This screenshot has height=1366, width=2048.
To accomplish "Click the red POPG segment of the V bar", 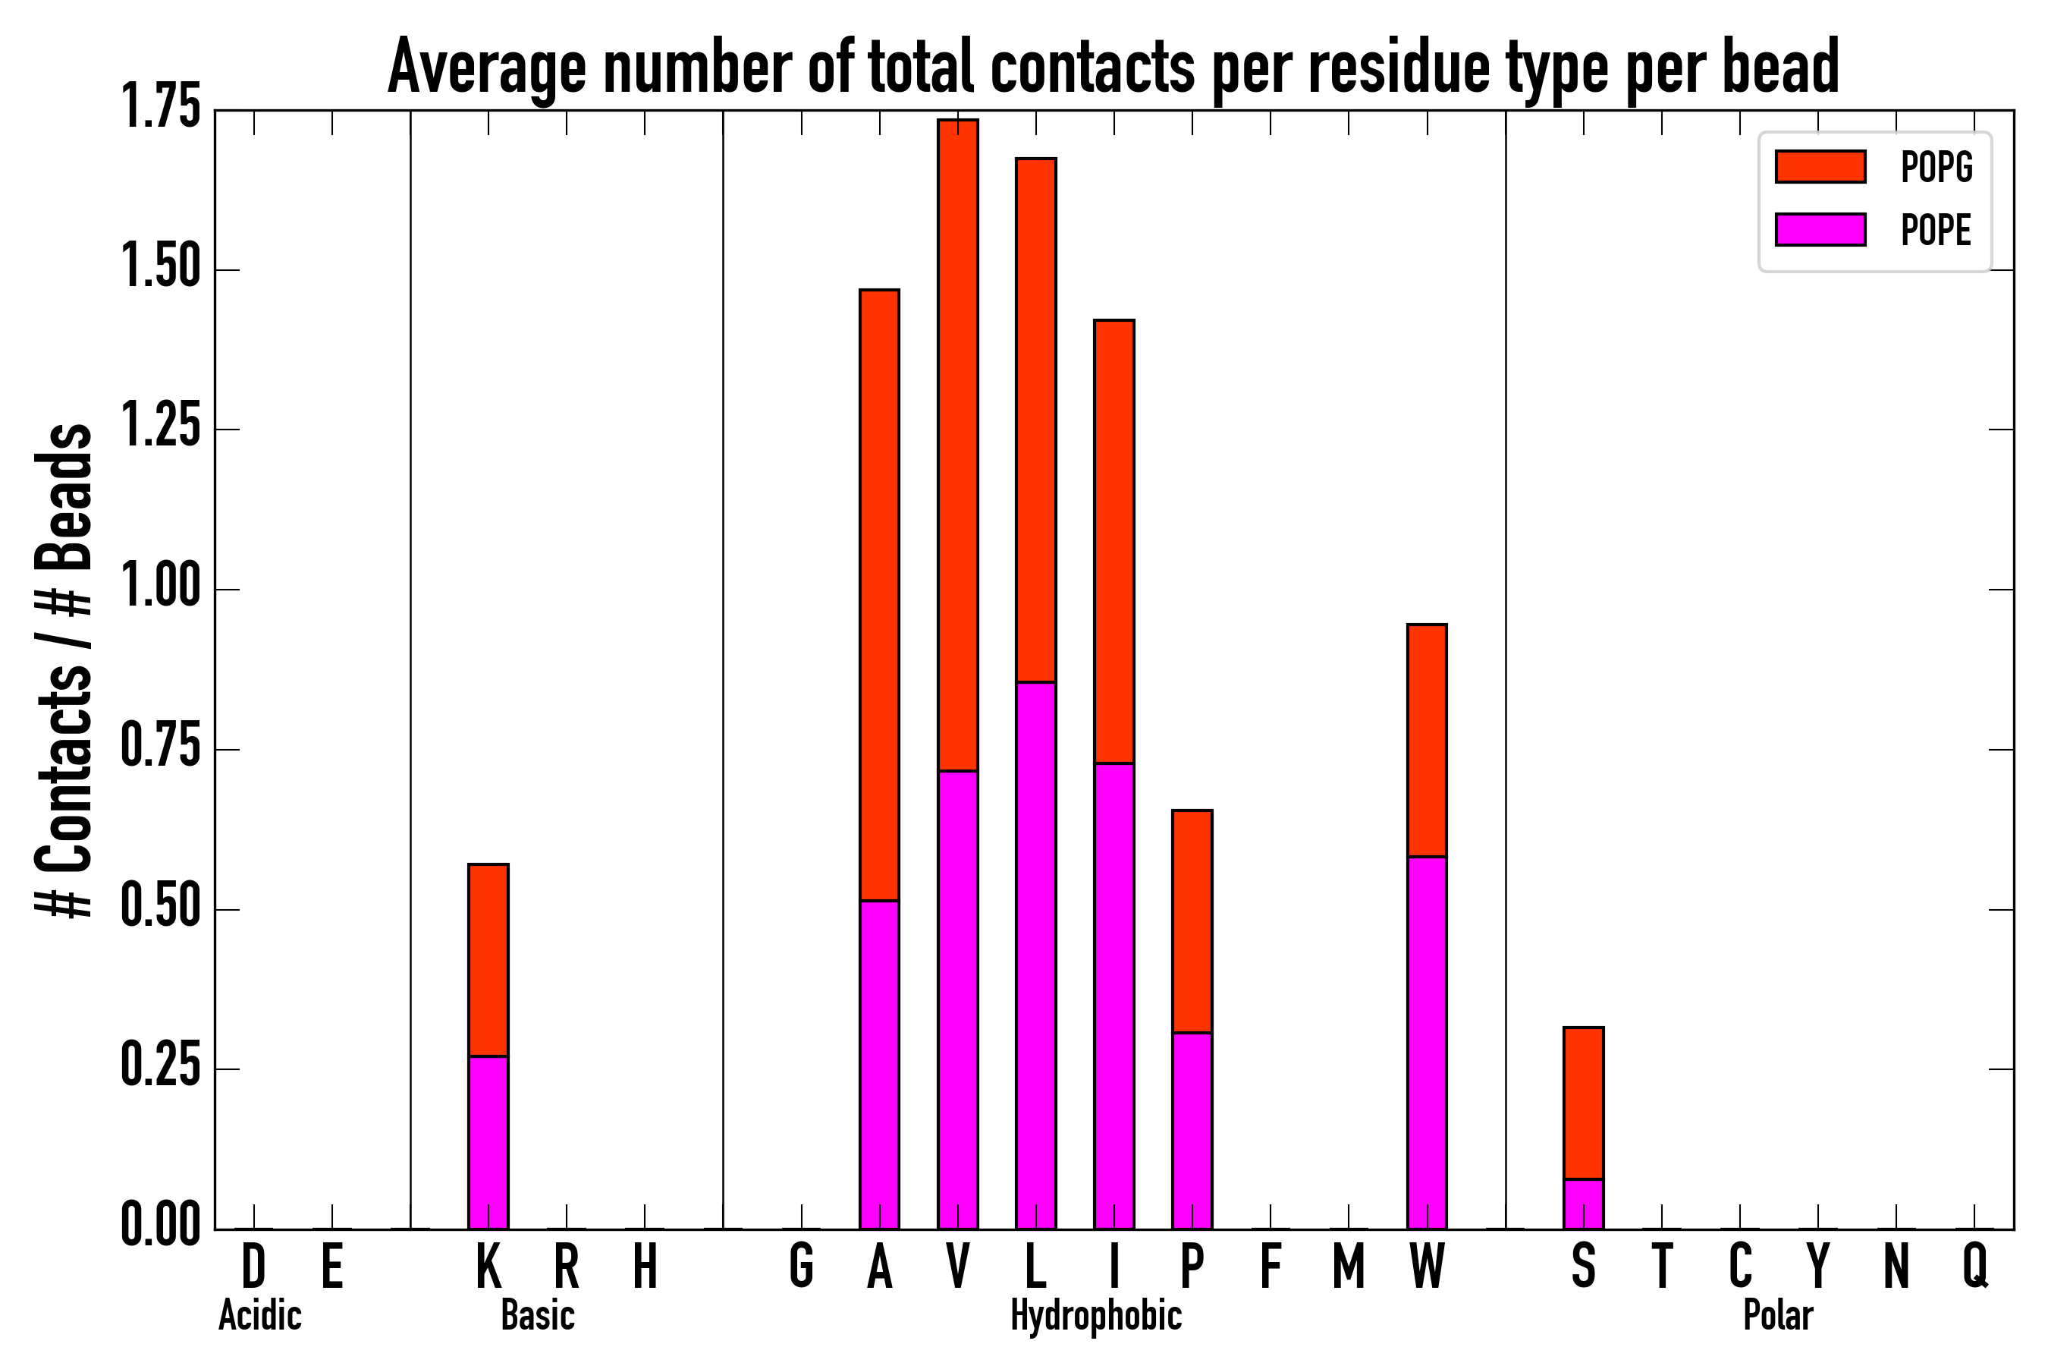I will point(957,444).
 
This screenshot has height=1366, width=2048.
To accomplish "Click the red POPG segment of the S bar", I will point(1583,1103).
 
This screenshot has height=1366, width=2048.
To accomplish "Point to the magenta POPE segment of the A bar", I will point(879,1064).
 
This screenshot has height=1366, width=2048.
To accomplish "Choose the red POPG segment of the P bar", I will point(1192,921).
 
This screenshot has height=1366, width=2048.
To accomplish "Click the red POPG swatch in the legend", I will point(1820,166).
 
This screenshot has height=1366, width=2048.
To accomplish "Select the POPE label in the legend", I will point(1936,230).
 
